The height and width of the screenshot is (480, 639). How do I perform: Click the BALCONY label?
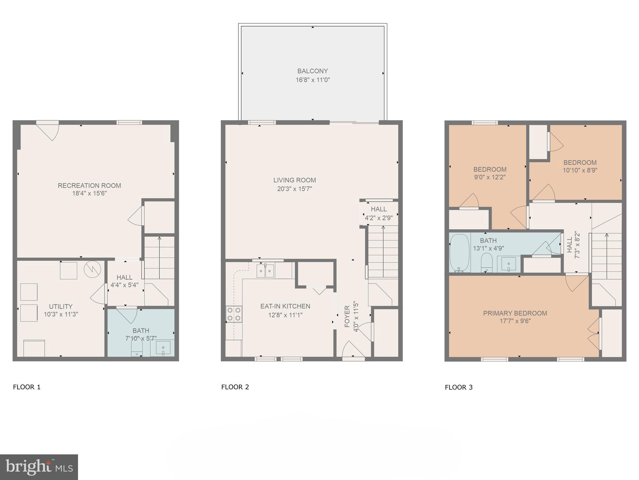pyautogui.click(x=312, y=71)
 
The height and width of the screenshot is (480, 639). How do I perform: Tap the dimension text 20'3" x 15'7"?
pyautogui.click(x=294, y=189)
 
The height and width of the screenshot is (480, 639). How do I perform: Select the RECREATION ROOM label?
pyautogui.click(x=89, y=185)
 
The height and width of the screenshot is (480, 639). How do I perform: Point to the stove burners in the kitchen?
pyautogui.click(x=234, y=314)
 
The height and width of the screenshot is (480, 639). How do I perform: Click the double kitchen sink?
pyautogui.click(x=265, y=271)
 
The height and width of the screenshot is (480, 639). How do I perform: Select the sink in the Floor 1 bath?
pyautogui.click(x=163, y=347)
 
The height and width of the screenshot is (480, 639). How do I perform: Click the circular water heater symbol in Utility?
pyautogui.click(x=92, y=269)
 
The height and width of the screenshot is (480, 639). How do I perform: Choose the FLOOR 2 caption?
pyautogui.click(x=235, y=387)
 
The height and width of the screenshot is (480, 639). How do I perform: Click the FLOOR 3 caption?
pyautogui.click(x=458, y=387)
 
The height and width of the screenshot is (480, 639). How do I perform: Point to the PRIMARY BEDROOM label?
pyautogui.click(x=515, y=313)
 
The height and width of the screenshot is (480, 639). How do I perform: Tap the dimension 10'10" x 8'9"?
pyautogui.click(x=580, y=170)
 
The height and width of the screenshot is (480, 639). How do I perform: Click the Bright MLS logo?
pyautogui.click(x=39, y=467)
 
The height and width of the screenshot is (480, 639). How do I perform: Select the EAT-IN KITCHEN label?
pyautogui.click(x=285, y=306)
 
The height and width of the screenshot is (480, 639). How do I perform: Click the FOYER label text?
pyautogui.click(x=347, y=316)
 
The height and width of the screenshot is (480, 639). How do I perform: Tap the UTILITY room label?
pyautogui.click(x=61, y=306)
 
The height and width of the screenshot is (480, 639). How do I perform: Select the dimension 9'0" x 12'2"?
pyautogui.click(x=490, y=177)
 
